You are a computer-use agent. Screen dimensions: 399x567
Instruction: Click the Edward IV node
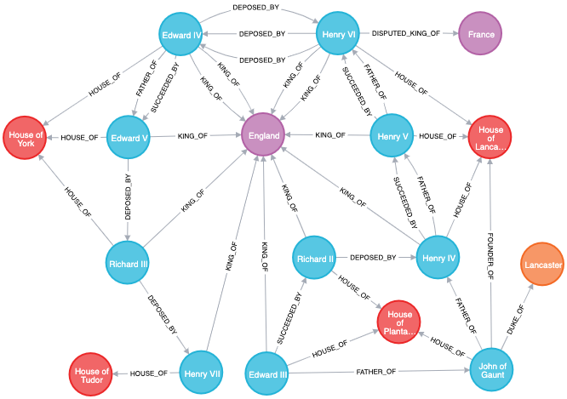pyautogui.click(x=180, y=35)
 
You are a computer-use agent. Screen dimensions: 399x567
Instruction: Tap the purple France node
pyautogui.click(x=481, y=34)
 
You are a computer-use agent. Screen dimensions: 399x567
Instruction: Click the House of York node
pyautogui.click(x=25, y=139)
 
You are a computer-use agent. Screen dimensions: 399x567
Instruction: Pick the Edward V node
pyautogui.click(x=129, y=138)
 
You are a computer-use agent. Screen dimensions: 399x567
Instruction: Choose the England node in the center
pyautogui.click(x=263, y=135)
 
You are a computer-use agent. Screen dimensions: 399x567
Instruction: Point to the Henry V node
pyautogui.click(x=392, y=136)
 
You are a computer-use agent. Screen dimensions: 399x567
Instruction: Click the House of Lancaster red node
pyautogui.click(x=490, y=139)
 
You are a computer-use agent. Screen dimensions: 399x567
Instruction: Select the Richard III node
pyautogui.click(x=129, y=264)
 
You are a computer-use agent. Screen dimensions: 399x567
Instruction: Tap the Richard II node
pyautogui.click(x=314, y=259)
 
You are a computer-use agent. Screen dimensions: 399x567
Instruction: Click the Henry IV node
pyautogui.click(x=438, y=258)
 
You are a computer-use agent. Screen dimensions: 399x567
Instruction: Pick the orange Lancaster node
pyautogui.click(x=542, y=265)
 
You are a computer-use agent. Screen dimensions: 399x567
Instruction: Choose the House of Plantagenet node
pyautogui.click(x=398, y=322)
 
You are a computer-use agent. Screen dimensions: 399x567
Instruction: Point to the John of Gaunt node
pyautogui.click(x=491, y=369)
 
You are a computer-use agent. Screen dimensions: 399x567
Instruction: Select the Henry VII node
pyautogui.click(x=202, y=373)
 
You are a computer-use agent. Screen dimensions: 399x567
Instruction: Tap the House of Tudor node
pyautogui.click(x=91, y=374)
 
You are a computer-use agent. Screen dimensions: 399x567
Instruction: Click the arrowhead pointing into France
pyautogui.click(x=455, y=34)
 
